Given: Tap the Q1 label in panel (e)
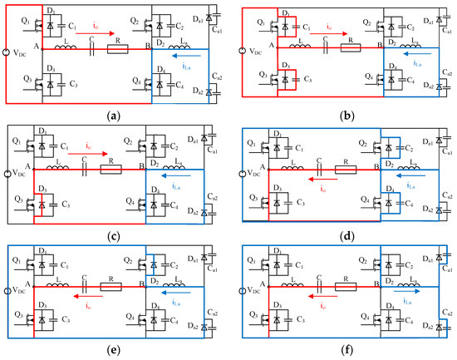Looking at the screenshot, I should coord(16,257).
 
